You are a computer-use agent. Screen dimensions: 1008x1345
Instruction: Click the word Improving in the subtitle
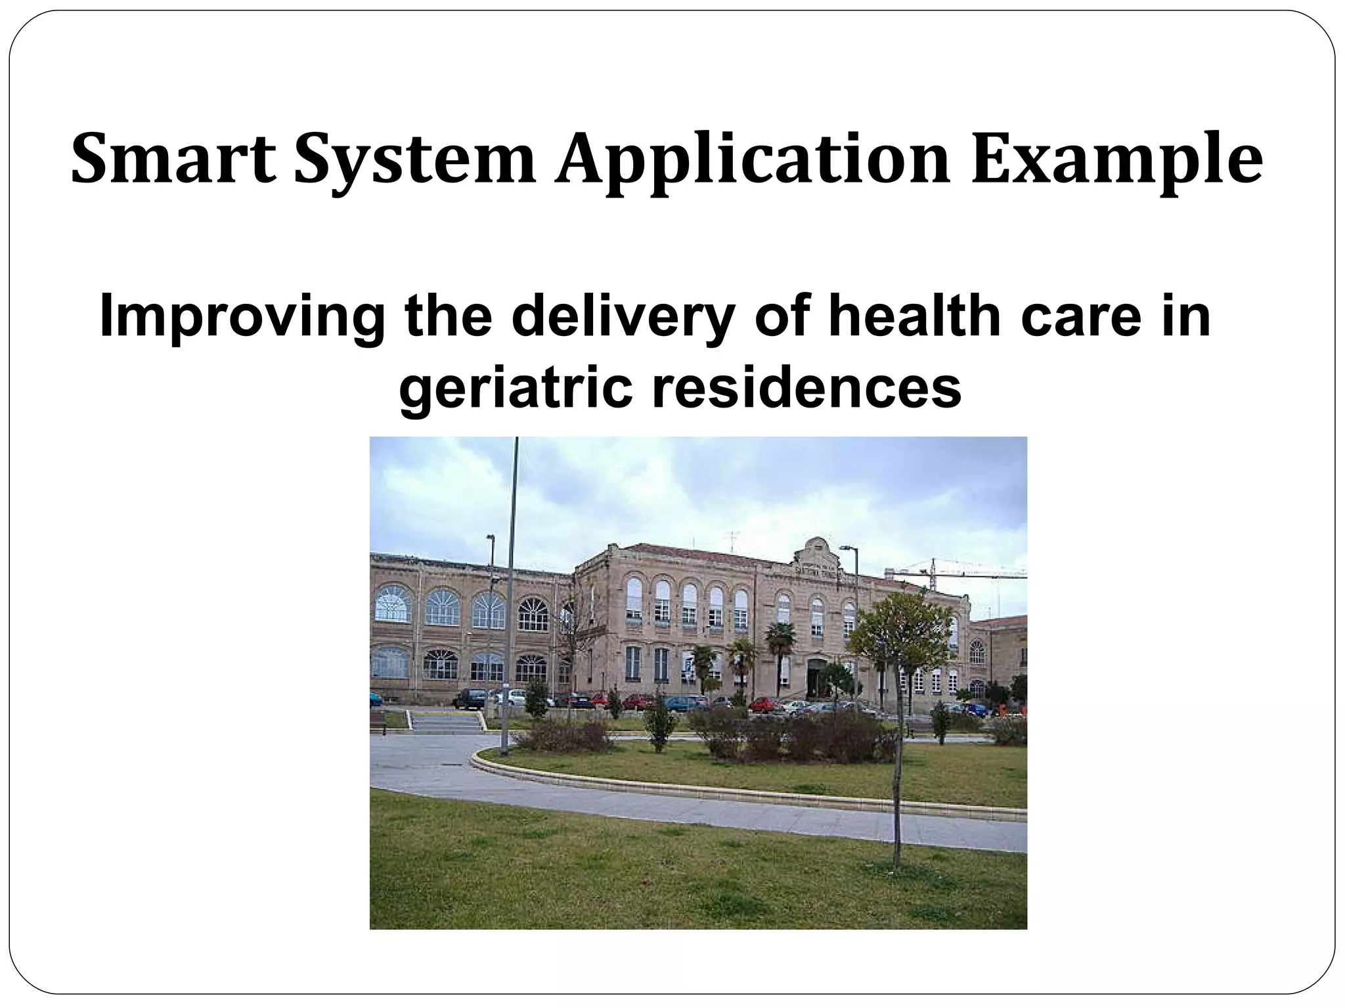coord(242,318)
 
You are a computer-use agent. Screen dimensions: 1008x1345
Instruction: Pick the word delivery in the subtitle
coord(621,318)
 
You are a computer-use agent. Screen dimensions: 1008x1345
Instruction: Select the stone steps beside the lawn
coord(446,724)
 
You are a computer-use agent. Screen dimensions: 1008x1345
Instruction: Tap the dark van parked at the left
coord(471,698)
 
